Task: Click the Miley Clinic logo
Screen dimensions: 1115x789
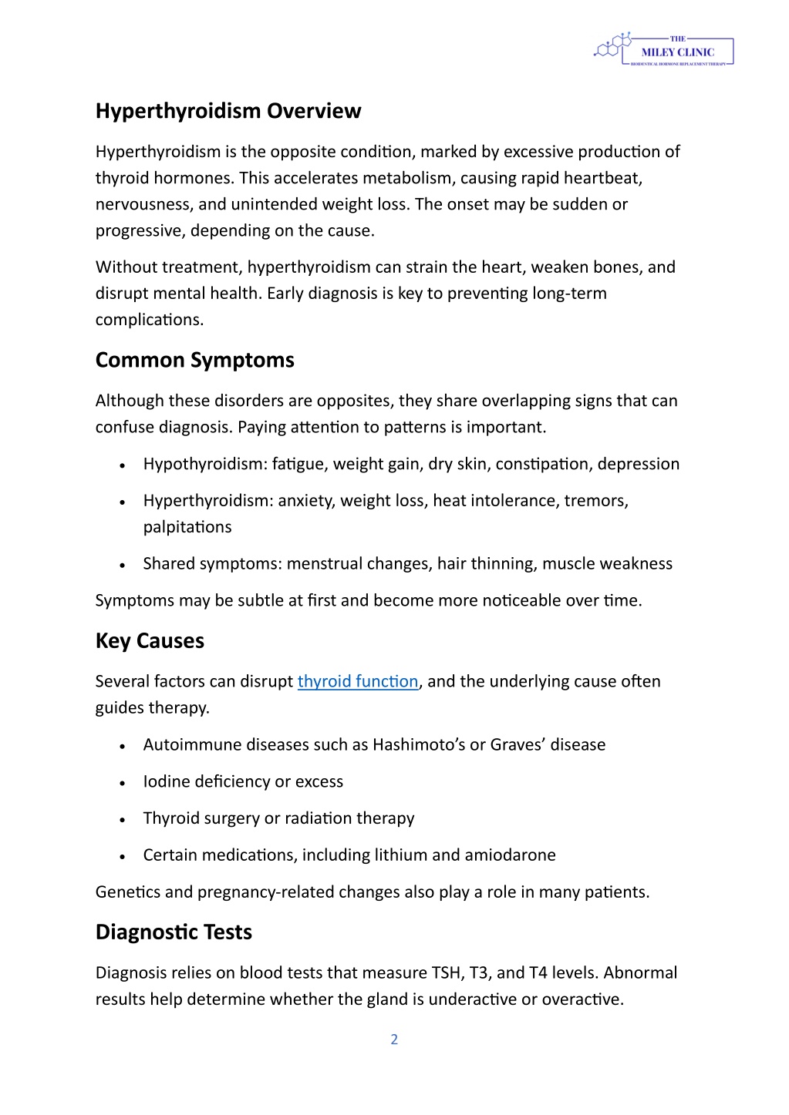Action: [664, 50]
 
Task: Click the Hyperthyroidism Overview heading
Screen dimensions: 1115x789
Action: [228, 111]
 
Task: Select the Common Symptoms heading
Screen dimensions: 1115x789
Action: [195, 360]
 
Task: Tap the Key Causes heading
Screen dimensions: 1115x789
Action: [150, 641]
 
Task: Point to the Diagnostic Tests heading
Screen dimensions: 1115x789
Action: [174, 932]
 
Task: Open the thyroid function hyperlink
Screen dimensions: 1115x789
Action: [358, 681]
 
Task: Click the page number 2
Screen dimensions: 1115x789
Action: [394, 1039]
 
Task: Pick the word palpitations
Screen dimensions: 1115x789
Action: [187, 527]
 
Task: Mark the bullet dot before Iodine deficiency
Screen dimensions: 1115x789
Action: [123, 783]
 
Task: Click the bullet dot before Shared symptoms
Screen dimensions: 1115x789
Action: [123, 565]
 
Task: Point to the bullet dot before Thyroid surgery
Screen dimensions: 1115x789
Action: [123, 820]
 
